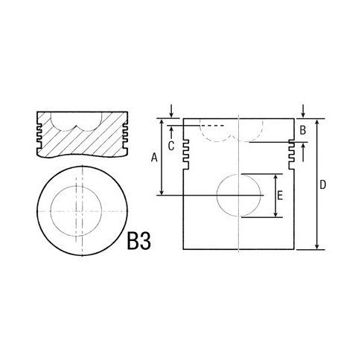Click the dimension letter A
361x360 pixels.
[x=154, y=158]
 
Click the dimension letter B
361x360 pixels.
[x=303, y=130]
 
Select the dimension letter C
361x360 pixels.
[x=171, y=146]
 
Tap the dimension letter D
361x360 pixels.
[x=322, y=184]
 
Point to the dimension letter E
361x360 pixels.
[x=280, y=196]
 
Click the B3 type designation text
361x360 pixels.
[x=138, y=240]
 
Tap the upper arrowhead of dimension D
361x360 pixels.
[x=317, y=122]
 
